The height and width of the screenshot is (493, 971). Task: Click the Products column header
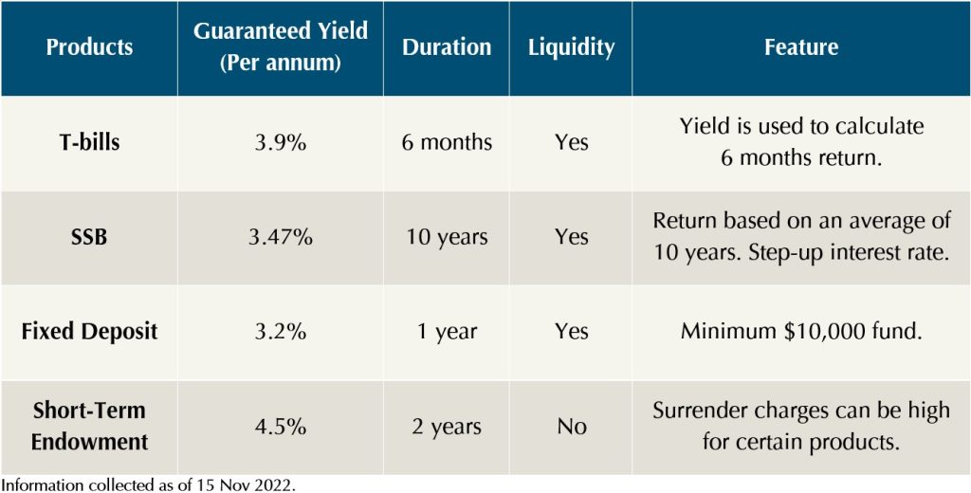[x=89, y=46]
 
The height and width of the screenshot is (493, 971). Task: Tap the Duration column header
[x=447, y=46]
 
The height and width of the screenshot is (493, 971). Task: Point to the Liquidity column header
[x=571, y=46]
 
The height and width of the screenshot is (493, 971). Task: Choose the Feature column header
[x=801, y=46]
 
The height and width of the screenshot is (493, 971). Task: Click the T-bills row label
[x=89, y=142]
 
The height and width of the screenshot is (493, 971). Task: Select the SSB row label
[x=89, y=237]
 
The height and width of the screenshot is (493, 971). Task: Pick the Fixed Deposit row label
[x=89, y=332]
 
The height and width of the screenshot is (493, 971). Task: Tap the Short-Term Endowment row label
[x=89, y=427]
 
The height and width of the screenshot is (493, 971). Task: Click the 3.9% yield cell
[x=281, y=142]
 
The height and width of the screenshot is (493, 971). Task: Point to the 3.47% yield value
[x=281, y=237]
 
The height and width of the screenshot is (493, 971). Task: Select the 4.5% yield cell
[x=281, y=427]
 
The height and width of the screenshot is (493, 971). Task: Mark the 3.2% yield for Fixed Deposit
[x=281, y=332]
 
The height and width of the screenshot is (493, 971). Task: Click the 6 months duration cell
[x=447, y=142]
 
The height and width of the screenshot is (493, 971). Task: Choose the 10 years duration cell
[x=447, y=237]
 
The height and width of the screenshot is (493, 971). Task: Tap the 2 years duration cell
[x=447, y=427]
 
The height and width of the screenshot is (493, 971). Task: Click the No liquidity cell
[x=571, y=427]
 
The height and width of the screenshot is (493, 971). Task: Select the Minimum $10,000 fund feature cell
[x=801, y=332]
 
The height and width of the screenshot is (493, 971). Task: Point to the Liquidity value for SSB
[x=571, y=237]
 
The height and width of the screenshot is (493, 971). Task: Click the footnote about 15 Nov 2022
[x=150, y=484]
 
